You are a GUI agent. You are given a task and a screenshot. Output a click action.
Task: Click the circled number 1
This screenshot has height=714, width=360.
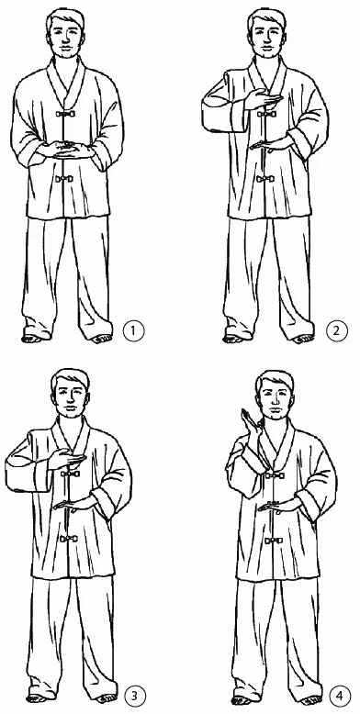[133, 330]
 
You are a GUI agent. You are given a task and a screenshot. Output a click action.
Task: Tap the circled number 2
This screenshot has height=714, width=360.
[337, 330]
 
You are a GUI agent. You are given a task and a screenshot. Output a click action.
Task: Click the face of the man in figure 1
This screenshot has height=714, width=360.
[65, 39]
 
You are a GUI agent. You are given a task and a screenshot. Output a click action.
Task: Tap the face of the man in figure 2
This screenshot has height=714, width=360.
[267, 39]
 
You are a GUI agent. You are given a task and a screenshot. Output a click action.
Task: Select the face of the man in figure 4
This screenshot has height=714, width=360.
[275, 401]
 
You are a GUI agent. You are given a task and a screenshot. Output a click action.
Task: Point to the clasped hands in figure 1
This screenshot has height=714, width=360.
[66, 150]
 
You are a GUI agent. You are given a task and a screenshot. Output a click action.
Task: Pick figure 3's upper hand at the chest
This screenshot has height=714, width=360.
[67, 459]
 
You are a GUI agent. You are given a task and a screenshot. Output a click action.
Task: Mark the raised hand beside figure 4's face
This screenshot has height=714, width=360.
[249, 421]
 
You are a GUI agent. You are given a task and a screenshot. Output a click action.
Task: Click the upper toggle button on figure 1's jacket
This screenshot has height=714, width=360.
[64, 113]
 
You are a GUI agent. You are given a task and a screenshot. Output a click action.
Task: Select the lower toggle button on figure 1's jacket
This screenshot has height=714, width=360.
[64, 178]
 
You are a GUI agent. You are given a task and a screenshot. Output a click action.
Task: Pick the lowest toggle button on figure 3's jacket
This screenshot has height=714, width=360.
[69, 539]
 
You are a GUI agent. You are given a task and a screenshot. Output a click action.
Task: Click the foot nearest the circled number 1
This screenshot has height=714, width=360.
[100, 339]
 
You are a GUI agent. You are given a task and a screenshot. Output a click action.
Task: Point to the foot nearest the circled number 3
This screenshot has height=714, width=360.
[107, 698]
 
